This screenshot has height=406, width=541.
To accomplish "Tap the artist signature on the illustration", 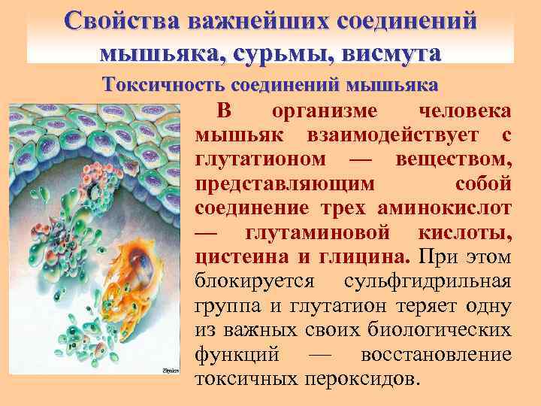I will tap(172, 371).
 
